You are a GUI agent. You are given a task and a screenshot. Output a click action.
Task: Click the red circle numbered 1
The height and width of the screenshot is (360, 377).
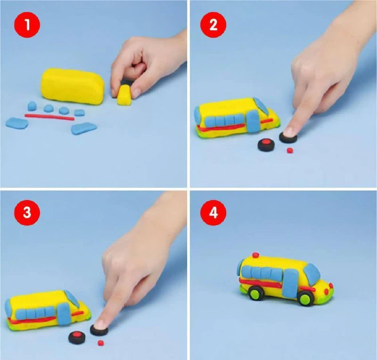click(x=27, y=25)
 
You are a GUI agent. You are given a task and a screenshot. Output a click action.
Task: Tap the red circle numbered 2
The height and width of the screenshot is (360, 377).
click(x=213, y=25)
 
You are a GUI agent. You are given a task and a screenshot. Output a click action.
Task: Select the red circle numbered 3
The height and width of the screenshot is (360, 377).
click(x=27, y=213)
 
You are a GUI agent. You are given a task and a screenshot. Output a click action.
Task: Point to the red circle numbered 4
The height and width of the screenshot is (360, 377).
click(x=213, y=213)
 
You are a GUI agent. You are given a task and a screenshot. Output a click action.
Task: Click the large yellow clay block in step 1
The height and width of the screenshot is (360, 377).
click(x=73, y=86)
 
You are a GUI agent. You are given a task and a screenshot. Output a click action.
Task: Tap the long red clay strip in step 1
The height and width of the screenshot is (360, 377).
click(x=49, y=117)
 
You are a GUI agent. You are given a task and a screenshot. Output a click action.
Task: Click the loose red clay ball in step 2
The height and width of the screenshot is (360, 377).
click(x=290, y=150)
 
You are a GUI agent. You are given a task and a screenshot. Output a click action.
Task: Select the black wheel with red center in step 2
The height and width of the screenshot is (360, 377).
click(x=265, y=145)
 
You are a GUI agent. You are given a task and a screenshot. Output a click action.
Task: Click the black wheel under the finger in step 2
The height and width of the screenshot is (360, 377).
click(x=288, y=136)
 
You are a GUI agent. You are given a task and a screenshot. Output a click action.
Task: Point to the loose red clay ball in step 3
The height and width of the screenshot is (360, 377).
click(x=100, y=343)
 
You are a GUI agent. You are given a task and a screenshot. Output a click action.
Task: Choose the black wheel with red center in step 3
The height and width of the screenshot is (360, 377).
click(x=77, y=337)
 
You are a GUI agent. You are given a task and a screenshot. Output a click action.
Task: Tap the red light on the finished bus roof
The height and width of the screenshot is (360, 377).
click(x=256, y=255)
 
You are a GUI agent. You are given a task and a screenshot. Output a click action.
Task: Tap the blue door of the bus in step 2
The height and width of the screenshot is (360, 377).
click(x=253, y=121)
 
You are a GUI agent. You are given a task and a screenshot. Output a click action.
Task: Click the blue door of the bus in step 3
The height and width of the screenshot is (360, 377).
click(x=64, y=314)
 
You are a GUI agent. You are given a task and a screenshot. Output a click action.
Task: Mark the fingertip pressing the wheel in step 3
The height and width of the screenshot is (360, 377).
click(x=100, y=323)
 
